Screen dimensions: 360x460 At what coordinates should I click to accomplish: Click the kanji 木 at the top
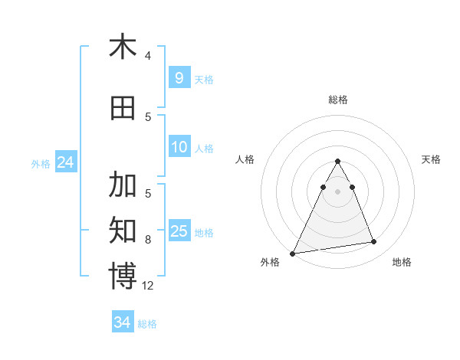point(123,47)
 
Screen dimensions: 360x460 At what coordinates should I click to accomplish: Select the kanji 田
point(123,108)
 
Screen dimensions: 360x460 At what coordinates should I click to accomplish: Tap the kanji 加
point(123,185)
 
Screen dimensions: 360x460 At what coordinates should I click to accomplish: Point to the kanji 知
point(123,229)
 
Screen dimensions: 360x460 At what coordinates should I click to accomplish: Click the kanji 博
point(123,276)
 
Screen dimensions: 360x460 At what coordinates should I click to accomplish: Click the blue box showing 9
point(179,78)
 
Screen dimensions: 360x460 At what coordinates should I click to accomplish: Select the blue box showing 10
point(179,147)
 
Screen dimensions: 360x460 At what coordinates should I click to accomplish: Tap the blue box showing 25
point(179,231)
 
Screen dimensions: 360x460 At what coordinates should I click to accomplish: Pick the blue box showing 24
point(65,162)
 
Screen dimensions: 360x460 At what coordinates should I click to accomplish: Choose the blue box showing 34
point(123,322)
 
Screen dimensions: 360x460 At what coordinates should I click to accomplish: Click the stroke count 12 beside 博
point(148,286)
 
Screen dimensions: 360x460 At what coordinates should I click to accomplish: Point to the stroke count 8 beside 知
point(148,240)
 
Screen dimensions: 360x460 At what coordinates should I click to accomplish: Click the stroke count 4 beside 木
point(148,56)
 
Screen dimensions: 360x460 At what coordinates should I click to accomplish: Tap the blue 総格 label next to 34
point(147,324)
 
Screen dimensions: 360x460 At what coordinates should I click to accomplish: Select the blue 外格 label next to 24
point(41,164)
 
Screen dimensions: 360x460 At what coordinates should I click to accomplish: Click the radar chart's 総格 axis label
point(337,100)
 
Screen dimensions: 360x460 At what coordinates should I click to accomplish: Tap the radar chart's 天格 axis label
point(431,159)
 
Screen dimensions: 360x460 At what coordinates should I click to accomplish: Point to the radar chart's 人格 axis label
point(245,159)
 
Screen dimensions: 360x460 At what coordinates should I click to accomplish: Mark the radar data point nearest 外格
point(293,253)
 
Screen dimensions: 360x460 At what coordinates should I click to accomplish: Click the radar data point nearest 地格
point(374,242)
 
